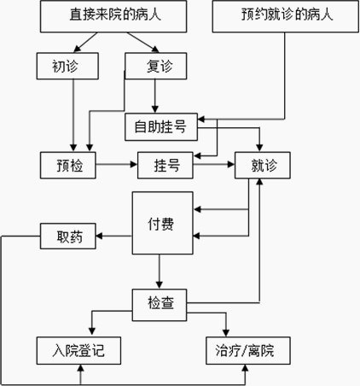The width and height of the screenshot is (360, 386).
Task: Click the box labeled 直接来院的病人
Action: pyautogui.click(x=113, y=16)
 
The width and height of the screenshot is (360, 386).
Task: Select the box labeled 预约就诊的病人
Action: pyautogui.click(x=286, y=16)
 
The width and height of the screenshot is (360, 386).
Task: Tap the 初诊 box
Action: pyautogui.click(x=67, y=66)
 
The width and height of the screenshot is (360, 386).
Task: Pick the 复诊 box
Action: pyautogui.click(x=156, y=66)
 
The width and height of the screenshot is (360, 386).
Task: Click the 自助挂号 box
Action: pyautogui.click(x=161, y=127)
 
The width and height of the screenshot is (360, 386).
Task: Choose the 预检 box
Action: pyautogui.click(x=68, y=165)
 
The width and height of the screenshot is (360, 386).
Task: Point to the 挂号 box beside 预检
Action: pyautogui.click(x=165, y=165)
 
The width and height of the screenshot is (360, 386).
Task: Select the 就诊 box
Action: pyautogui.click(x=263, y=165)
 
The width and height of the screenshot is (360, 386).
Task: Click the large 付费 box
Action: pyautogui.click(x=163, y=223)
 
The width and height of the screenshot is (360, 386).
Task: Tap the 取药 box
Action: pyautogui.click(x=68, y=236)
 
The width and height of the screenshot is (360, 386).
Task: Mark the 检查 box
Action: pyautogui.click(x=160, y=305)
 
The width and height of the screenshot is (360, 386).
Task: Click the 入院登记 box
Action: pyautogui.click(x=78, y=350)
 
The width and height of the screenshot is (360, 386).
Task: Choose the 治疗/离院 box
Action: pyautogui.click(x=248, y=350)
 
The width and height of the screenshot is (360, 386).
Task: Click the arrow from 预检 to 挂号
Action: pyautogui.click(x=117, y=164)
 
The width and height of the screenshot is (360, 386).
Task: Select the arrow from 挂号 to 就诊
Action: pyautogui.click(x=214, y=164)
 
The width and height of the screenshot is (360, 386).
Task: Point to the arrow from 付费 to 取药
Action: pyautogui.click(x=113, y=236)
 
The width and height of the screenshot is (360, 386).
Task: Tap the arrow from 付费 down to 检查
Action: pyautogui.click(x=160, y=272)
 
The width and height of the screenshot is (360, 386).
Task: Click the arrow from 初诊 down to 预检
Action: pyautogui.click(x=73, y=115)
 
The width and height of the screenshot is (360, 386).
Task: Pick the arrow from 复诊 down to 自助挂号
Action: pyautogui.click(x=155, y=96)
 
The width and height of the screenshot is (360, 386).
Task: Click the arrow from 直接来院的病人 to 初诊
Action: pyautogui.click(x=85, y=43)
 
